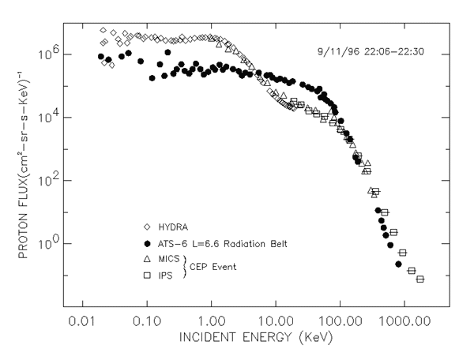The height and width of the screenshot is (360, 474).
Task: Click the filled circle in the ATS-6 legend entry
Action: [x=148, y=242]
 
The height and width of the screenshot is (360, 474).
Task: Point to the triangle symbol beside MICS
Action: [x=148, y=258]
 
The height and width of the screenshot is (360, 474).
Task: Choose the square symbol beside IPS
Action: [x=148, y=274]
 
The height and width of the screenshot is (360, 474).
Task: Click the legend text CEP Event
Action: [x=215, y=266]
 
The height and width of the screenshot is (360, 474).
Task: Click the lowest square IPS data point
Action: [x=420, y=279]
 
